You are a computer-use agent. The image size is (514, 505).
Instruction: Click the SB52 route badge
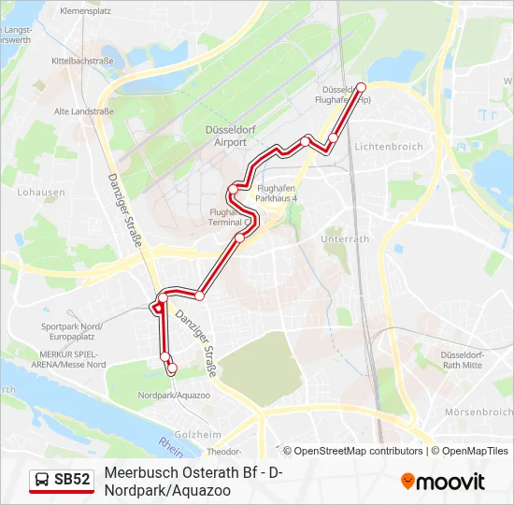[62, 481]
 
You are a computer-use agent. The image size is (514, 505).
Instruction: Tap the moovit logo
[443, 482]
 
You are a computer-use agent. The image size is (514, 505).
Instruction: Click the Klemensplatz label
[85, 11]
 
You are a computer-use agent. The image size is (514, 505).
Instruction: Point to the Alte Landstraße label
[83, 111]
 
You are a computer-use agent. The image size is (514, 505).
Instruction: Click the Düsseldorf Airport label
[225, 137]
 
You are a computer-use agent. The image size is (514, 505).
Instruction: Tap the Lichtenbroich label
[389, 147]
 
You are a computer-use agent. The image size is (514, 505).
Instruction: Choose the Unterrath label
[345, 239]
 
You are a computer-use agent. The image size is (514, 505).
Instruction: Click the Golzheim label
[198, 434]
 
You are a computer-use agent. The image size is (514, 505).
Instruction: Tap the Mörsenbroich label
[478, 411]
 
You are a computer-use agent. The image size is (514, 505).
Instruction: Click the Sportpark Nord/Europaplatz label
[72, 331]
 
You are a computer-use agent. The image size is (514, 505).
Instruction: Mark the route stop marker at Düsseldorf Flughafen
[362, 87]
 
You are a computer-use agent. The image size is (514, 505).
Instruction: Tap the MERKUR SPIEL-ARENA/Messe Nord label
[72, 359]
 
